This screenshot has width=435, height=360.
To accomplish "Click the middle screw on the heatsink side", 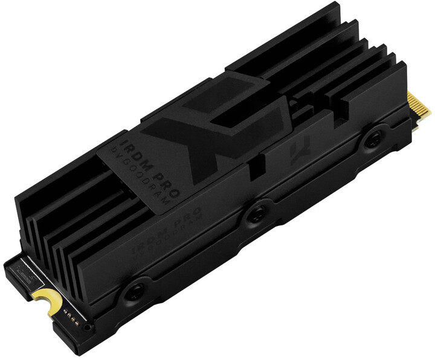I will click(257, 212).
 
